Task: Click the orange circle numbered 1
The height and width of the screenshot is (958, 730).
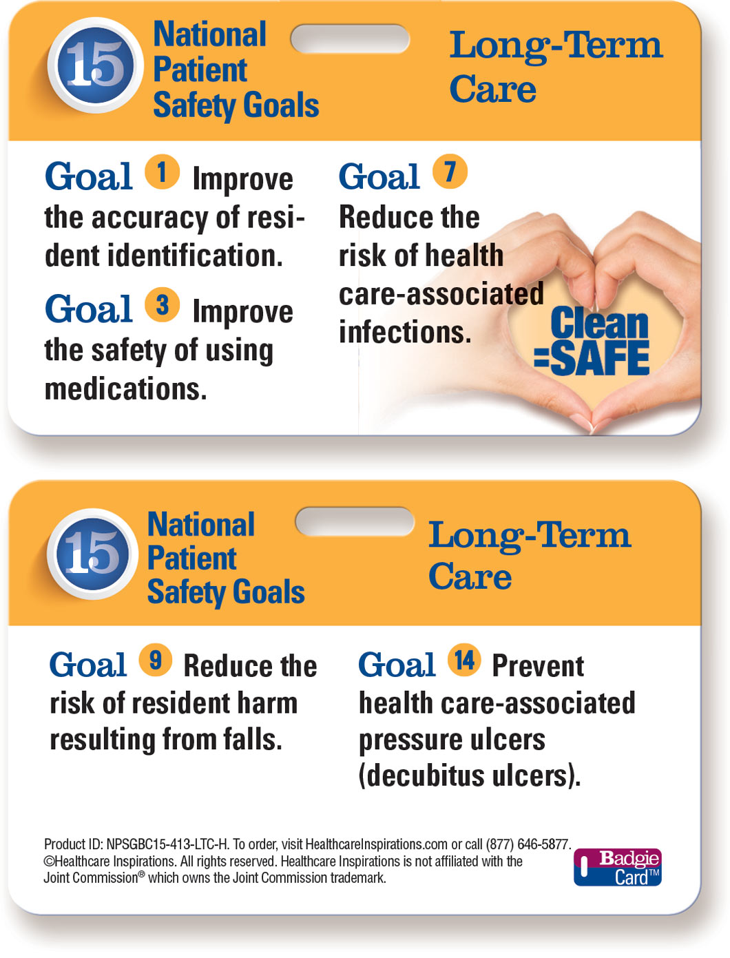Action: click(x=162, y=171)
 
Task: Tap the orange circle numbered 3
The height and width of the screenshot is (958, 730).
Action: click(x=162, y=304)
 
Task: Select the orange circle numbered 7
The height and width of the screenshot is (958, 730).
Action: click(x=450, y=171)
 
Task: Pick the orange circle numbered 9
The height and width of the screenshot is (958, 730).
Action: click(x=156, y=660)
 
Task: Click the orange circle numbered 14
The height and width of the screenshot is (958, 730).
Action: click(x=464, y=660)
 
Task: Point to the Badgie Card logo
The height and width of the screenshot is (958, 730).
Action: click(x=617, y=867)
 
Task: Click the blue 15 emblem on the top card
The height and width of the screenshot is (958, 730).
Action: click(x=95, y=65)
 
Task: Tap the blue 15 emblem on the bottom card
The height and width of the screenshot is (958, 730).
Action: click(x=92, y=554)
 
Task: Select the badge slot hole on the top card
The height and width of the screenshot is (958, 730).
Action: click(x=350, y=39)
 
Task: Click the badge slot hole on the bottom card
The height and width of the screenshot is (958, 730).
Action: click(x=354, y=521)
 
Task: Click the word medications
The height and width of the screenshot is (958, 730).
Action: click(x=125, y=389)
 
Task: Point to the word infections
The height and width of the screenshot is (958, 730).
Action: click(x=405, y=332)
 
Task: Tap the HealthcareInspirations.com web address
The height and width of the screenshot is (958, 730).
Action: click(x=376, y=844)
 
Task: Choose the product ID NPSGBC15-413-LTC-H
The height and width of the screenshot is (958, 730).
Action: click(x=168, y=844)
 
